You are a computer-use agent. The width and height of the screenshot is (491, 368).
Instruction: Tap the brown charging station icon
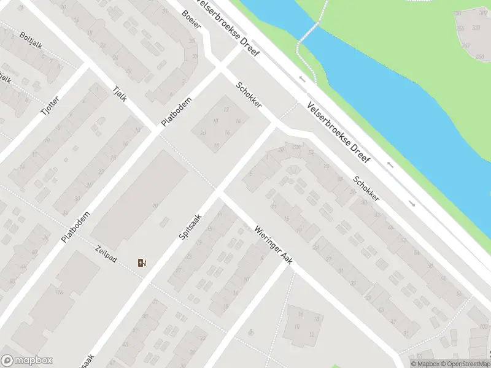point(142,263)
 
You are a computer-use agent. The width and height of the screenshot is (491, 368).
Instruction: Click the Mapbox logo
point(27,361)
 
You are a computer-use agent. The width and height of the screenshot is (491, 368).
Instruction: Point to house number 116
point(59,292)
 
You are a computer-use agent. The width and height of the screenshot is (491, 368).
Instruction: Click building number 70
point(155,206)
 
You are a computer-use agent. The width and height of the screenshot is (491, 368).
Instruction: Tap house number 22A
point(296,147)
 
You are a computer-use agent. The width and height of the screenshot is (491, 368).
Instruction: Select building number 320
point(476,28)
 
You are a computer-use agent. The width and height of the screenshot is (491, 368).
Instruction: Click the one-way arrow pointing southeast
point(412,204)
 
